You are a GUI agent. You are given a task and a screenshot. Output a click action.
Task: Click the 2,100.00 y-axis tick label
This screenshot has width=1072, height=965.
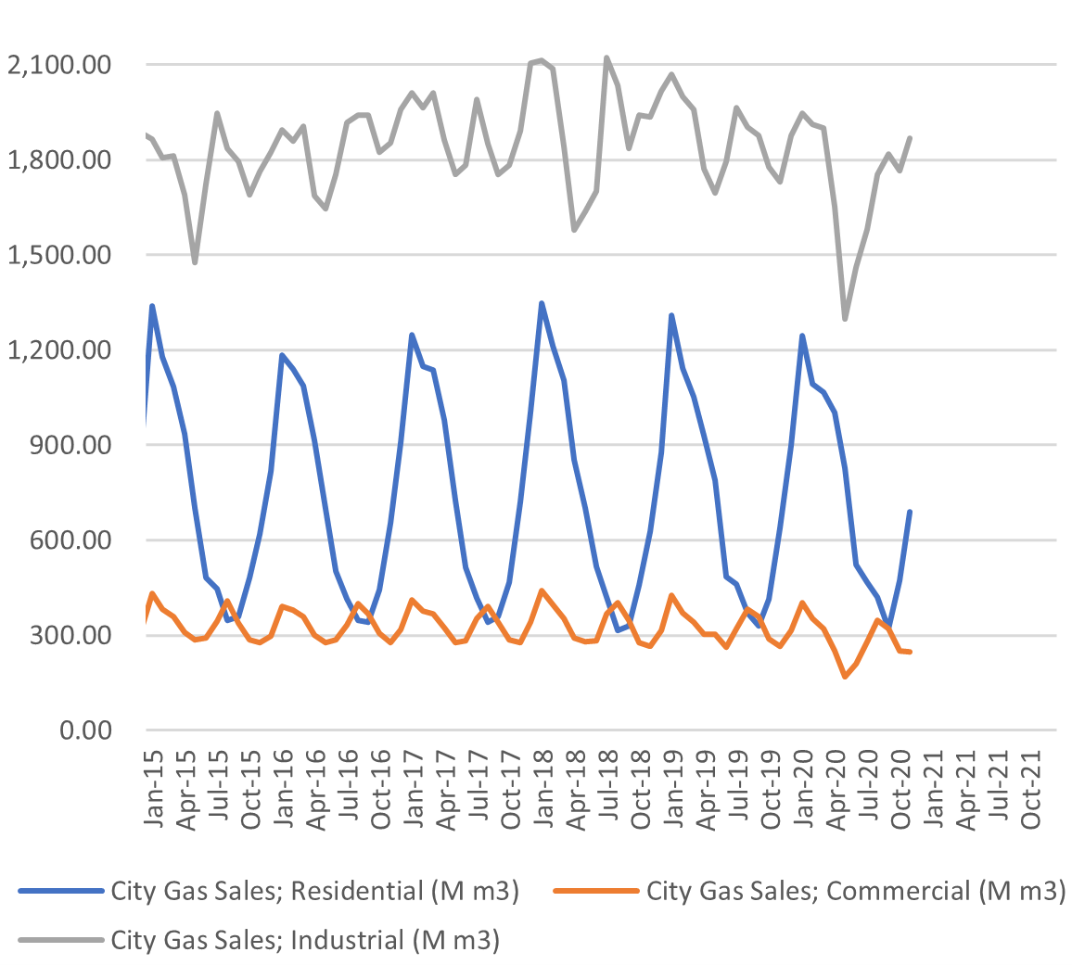point(58,65)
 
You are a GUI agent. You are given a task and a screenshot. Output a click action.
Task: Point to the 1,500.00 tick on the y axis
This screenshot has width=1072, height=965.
point(58,255)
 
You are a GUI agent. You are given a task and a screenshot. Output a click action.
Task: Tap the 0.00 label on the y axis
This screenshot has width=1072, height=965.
point(86,730)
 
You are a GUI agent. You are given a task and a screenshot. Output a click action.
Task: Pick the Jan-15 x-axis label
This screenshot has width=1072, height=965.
point(156,792)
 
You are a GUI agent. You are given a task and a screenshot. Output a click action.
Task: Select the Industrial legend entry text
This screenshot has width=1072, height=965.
point(306,940)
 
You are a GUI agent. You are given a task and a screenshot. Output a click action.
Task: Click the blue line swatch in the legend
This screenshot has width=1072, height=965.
point(59,892)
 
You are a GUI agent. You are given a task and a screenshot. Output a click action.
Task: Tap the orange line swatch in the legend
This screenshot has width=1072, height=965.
point(595,892)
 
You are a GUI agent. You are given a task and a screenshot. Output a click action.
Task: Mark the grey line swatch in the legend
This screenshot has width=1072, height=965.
point(59,940)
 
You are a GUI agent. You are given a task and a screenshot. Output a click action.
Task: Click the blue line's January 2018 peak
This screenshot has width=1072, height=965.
point(542,303)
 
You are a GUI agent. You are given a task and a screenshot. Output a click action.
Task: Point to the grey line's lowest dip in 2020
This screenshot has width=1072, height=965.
point(845,319)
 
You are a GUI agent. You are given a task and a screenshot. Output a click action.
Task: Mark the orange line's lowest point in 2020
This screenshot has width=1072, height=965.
point(845,677)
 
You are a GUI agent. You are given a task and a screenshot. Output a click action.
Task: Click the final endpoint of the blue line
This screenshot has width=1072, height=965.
point(911,512)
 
